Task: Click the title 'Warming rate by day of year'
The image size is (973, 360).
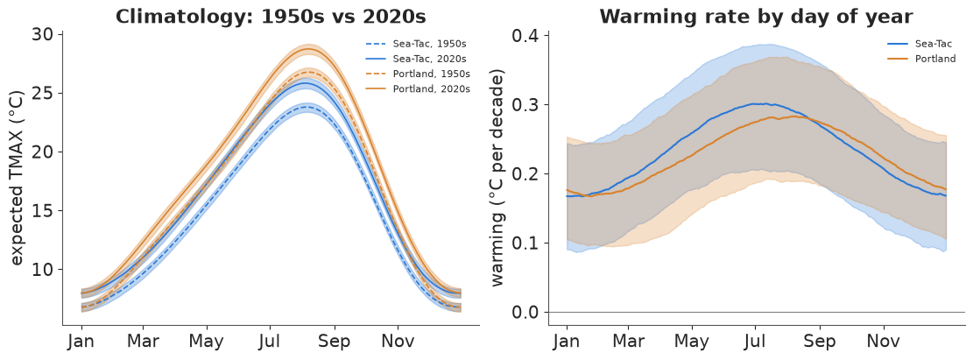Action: (x=756, y=17)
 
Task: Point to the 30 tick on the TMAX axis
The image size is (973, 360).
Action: (x=44, y=35)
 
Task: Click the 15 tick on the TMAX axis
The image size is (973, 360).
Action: (x=44, y=211)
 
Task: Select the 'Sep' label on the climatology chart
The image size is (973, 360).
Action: (x=335, y=342)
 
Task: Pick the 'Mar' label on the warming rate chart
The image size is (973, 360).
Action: (x=629, y=342)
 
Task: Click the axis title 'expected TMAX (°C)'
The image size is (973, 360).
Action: (x=18, y=180)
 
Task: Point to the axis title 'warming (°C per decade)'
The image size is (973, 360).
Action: (x=498, y=178)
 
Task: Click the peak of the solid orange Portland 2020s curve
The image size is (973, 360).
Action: (x=307, y=48)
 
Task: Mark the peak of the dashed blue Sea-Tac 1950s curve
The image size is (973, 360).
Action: (x=306, y=107)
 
